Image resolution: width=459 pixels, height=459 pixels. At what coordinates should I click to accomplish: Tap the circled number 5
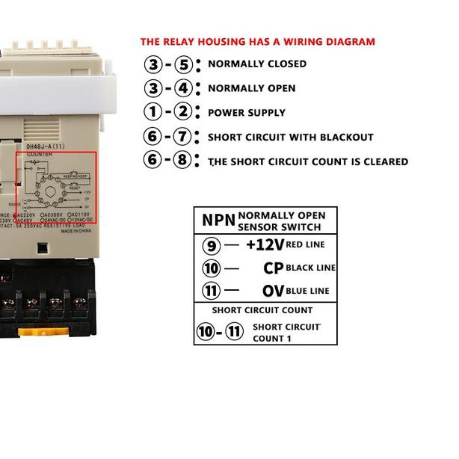(x=182, y=64)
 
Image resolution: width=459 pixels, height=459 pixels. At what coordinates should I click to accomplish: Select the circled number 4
(x=182, y=88)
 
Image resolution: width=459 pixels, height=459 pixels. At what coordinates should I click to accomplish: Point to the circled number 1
(x=153, y=113)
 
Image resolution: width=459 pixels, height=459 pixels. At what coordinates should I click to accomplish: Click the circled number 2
(x=182, y=113)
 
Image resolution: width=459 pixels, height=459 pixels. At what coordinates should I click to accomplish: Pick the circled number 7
(x=182, y=137)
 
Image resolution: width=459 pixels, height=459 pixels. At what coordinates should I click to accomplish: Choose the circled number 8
(x=182, y=161)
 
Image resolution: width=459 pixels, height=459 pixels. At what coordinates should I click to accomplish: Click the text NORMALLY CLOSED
(x=257, y=64)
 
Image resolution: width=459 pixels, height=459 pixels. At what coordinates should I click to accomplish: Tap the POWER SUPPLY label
(x=247, y=113)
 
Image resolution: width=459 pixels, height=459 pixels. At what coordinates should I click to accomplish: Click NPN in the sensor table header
(x=218, y=221)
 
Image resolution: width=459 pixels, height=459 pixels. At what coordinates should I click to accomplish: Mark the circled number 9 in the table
(x=212, y=244)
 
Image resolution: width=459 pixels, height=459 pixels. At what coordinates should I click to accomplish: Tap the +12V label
(x=265, y=244)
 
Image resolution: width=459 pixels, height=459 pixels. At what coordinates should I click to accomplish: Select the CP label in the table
(x=273, y=268)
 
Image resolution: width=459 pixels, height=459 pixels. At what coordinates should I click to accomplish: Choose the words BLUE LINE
(x=307, y=292)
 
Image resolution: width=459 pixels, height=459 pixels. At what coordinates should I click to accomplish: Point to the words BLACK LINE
(x=310, y=268)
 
